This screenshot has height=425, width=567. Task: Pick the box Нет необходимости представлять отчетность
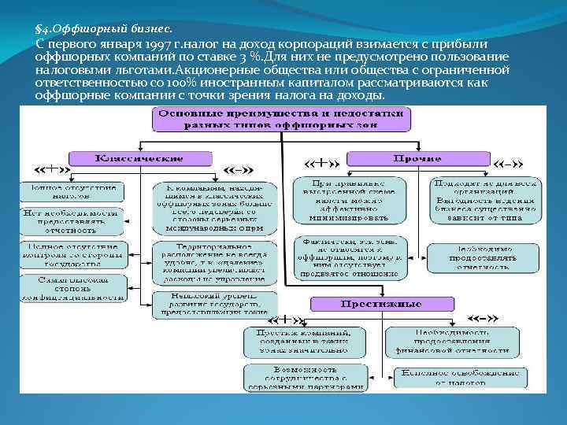72,222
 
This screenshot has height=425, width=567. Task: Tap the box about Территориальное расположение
214,262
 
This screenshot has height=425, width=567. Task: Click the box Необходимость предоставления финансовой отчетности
451,341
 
